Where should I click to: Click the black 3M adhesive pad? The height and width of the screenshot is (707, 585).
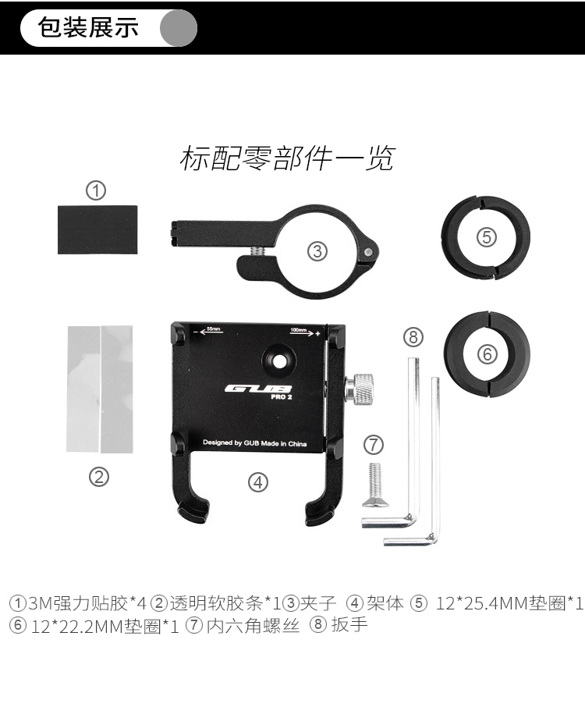point(97,230)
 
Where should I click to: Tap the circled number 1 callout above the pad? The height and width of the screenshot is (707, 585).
point(96,190)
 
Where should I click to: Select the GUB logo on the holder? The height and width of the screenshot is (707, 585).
point(258,389)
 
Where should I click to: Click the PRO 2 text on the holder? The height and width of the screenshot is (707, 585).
point(282,397)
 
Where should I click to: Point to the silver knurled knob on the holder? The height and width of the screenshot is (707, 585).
point(360,388)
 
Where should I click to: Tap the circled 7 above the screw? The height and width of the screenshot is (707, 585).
point(373,445)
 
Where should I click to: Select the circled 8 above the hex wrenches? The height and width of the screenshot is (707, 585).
point(413,337)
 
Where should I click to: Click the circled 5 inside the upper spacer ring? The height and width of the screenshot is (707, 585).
point(487,237)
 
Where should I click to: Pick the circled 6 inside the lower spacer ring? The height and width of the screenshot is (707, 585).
point(487,354)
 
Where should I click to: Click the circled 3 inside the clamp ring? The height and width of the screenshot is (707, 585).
point(317,251)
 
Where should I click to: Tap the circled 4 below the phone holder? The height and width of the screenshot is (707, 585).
point(258,482)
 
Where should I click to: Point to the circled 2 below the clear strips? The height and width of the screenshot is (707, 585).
point(99,477)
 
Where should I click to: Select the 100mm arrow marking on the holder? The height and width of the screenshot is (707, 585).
point(305,332)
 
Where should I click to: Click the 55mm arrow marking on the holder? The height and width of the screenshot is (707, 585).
point(208,331)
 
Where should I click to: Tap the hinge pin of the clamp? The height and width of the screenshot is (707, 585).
point(369,251)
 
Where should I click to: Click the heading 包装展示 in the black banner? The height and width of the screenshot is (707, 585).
point(88,27)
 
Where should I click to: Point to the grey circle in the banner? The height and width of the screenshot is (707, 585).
point(179,27)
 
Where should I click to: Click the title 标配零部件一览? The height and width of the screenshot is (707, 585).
point(288,158)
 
